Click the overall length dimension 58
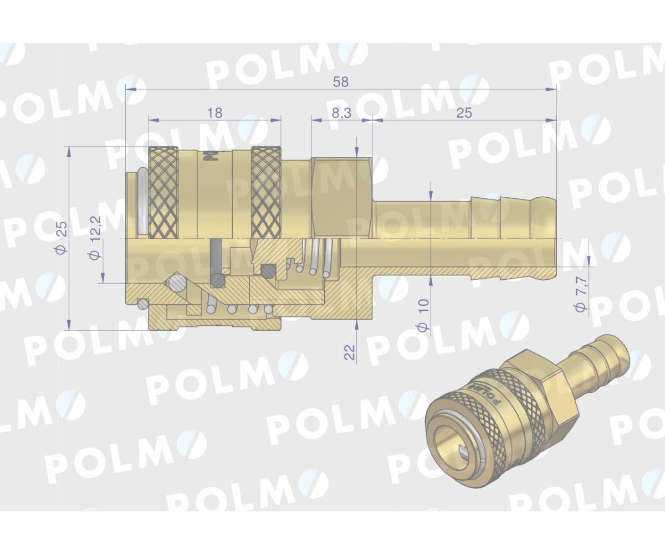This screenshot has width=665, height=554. coord(341,81)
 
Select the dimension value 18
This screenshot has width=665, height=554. coord(214,112)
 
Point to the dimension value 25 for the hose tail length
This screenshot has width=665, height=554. coord(464,112)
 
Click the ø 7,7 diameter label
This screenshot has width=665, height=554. coord(580,300)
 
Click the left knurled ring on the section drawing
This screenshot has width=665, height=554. coord(163,191)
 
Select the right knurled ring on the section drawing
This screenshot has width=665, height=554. coord(266,191)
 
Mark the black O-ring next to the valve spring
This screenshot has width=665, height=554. coord(269,271)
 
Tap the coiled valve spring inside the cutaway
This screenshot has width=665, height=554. coord(316,258)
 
